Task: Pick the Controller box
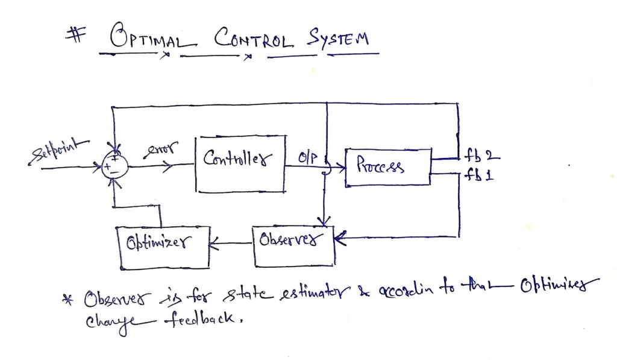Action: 239,164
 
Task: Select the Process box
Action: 387,167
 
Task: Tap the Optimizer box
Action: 164,247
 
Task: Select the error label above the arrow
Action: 158,150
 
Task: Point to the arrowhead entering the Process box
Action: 340,167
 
